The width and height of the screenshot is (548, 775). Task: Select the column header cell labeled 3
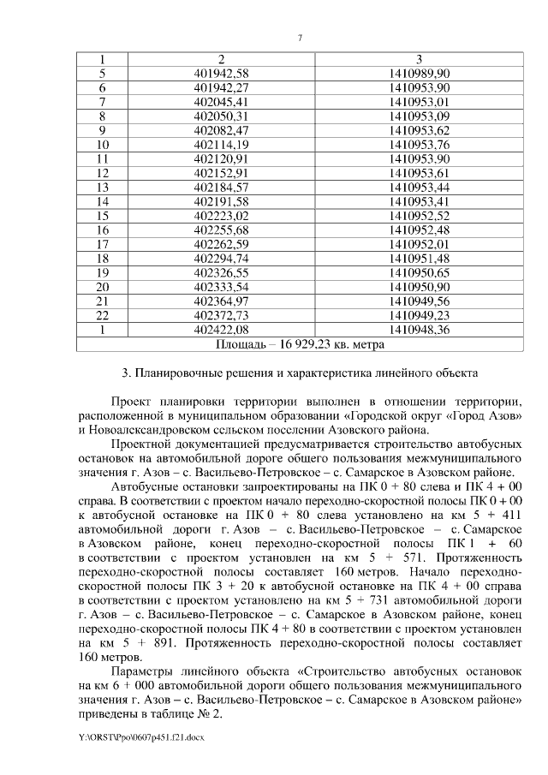point(419,59)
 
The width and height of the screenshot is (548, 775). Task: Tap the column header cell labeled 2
point(221,59)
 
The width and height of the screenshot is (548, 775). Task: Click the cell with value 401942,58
point(221,73)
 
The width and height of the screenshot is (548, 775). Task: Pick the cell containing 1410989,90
point(419,73)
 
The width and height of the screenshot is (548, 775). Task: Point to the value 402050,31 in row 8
point(221,115)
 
